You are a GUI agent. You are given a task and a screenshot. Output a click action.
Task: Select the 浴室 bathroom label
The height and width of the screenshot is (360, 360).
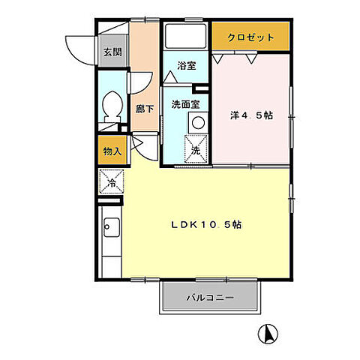[x=186, y=65]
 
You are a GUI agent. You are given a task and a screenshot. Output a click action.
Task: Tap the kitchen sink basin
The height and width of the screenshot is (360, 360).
[x=109, y=226]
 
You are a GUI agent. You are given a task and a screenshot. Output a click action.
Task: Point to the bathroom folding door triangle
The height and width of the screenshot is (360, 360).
[x=169, y=76]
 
